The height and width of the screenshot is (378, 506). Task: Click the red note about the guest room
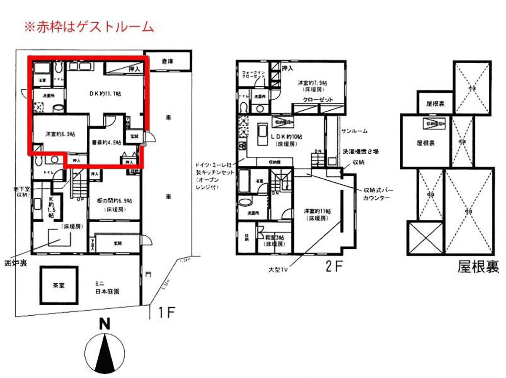coord(89,27)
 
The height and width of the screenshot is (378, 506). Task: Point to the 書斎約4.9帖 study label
coord(106,142)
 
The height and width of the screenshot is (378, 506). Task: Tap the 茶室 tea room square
coord(59,285)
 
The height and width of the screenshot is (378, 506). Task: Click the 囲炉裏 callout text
coord(16,264)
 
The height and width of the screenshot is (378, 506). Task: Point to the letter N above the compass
coord(105,324)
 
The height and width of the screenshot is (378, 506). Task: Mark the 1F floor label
coord(165,312)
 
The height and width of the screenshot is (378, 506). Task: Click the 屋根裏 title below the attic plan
coord(478,266)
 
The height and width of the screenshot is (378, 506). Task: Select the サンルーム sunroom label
coord(354,131)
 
